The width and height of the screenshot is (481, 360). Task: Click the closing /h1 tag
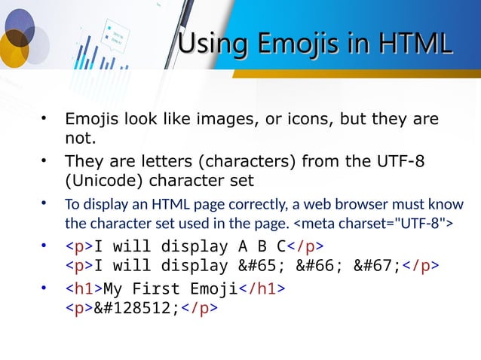pyautogui.click(x=265, y=288)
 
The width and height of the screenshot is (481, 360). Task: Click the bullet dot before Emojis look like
pyautogui.click(x=46, y=120)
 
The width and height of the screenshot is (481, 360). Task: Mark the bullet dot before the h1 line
pyautogui.click(x=46, y=288)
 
